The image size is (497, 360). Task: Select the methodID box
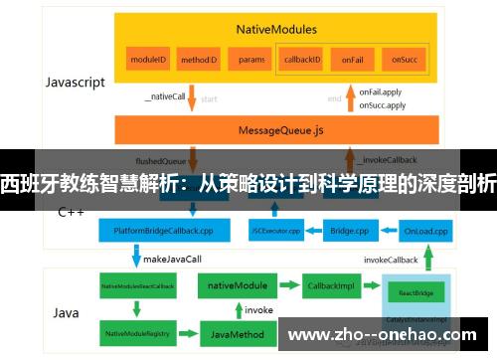click(x=199, y=60)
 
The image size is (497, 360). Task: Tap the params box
click(x=251, y=60)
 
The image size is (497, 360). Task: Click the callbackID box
click(x=302, y=60)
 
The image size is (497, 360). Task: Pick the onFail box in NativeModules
click(x=351, y=60)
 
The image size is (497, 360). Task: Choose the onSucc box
click(x=403, y=60)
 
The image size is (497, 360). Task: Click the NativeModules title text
click(x=275, y=31)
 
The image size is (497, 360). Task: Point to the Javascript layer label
click(x=75, y=83)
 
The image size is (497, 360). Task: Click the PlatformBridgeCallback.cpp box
click(x=163, y=231)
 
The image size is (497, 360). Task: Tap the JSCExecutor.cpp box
click(x=276, y=231)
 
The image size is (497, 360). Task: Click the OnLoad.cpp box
click(x=425, y=231)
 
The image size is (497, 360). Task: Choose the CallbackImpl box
click(x=329, y=285)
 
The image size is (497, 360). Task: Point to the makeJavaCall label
click(x=173, y=258)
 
